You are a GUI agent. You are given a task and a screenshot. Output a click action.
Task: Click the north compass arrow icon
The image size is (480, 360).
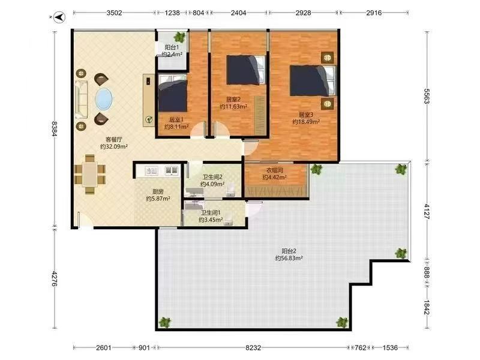59,17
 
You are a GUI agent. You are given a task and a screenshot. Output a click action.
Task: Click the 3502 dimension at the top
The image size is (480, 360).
114,13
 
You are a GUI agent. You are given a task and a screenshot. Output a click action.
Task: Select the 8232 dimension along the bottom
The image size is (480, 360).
253,348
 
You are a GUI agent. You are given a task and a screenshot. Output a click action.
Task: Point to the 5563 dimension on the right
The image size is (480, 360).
427,96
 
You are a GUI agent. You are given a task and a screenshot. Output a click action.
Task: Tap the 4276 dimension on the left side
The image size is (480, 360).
54,278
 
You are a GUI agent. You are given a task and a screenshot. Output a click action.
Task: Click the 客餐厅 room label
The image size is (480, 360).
114,140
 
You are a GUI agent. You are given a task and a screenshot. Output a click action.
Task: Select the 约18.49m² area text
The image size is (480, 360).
306,122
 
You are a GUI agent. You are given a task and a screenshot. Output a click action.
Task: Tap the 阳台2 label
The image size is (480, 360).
289,251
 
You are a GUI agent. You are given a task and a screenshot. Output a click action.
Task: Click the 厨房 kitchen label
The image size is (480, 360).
158,191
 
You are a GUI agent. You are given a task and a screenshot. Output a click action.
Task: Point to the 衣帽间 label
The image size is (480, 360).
274,170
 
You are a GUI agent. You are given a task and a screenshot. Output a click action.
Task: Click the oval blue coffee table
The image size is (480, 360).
104,98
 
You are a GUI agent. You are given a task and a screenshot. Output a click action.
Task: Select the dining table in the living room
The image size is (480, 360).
89,174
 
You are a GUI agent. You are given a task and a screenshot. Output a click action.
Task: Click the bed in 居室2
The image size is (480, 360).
246,70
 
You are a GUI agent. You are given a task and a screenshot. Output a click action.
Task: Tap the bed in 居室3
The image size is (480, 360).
313,80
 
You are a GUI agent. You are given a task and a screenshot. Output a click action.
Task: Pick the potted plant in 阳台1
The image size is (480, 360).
179,37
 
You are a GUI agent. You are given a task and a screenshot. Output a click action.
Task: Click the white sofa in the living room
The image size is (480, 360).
82,100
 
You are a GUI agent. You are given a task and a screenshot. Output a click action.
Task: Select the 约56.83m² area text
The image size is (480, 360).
289,259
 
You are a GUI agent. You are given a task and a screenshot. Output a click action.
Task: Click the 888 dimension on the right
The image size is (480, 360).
427,272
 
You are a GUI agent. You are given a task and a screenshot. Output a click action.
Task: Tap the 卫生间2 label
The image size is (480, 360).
212,177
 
